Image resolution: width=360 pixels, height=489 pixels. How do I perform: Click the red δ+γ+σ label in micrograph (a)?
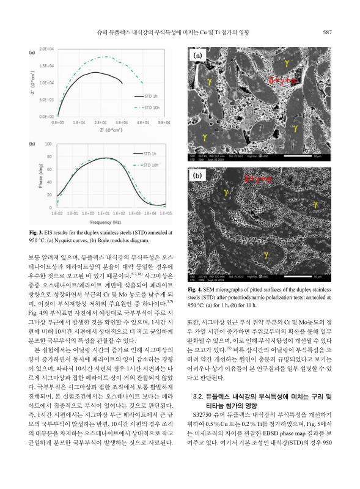click(x=283, y=79)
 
